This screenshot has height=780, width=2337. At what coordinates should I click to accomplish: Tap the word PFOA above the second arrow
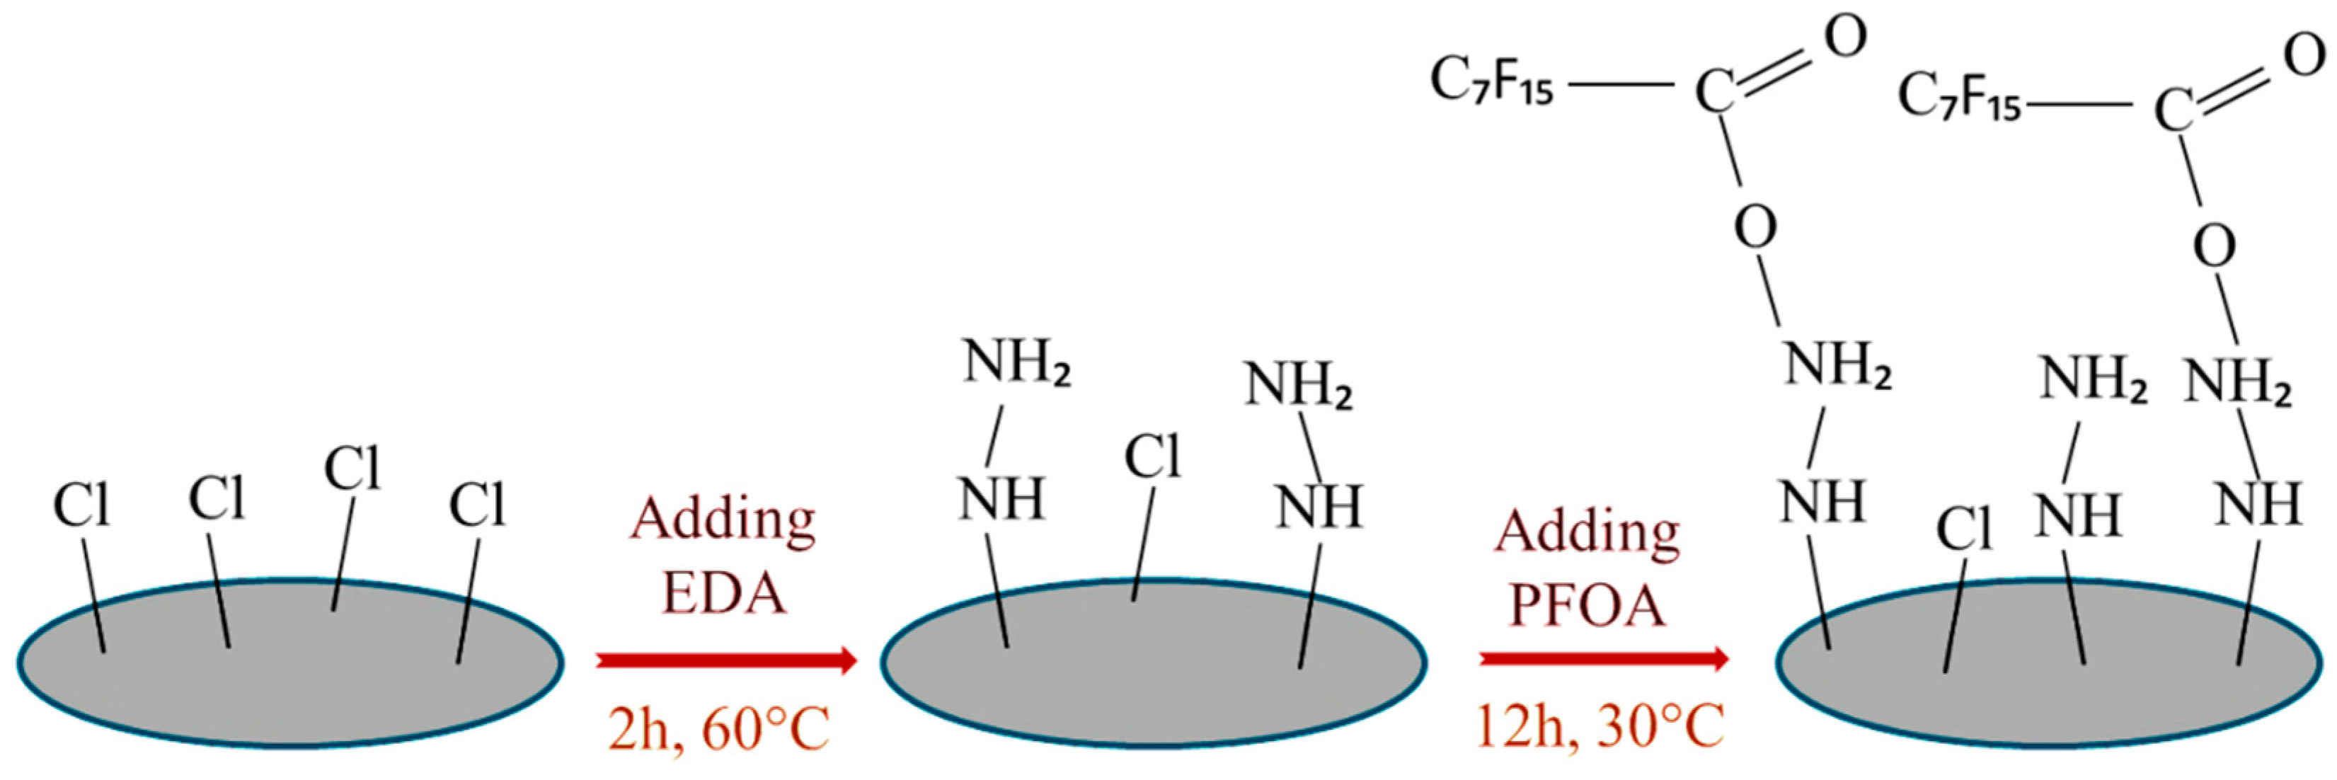(1587, 606)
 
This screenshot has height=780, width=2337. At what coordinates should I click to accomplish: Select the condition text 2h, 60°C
(718, 730)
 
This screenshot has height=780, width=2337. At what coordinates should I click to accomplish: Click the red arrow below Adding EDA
(725, 660)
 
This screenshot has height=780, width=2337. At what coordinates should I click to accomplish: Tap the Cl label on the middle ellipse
(1153, 457)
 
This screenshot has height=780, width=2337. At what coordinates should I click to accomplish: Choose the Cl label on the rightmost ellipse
(1965, 529)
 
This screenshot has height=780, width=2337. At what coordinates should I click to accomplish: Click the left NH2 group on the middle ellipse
(1017, 363)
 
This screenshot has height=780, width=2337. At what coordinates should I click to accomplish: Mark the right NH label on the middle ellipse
(1319, 506)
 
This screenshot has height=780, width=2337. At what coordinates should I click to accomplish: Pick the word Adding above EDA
(723, 521)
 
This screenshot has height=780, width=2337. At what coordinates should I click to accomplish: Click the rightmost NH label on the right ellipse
(2258, 504)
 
